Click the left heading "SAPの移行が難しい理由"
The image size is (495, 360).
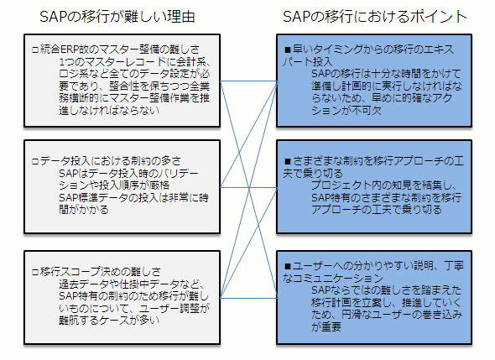click(117, 17)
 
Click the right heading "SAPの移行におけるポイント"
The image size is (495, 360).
click(375, 17)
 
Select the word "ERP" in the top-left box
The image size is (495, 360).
click(69, 50)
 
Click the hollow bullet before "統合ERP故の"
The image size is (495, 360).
click(35, 50)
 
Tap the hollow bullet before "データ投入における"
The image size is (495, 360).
click(35, 162)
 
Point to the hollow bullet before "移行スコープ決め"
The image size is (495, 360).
click(35, 272)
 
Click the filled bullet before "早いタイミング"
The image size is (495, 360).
click(287, 50)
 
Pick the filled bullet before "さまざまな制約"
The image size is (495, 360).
click(287, 162)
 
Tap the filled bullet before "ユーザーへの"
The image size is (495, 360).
click(287, 267)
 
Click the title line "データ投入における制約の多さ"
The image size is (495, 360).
click(111, 161)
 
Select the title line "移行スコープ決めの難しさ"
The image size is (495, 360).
click(101, 272)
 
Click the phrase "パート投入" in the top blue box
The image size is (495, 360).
click(308, 61)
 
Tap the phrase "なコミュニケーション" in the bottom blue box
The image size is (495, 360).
click(333, 279)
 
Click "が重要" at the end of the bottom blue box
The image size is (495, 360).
click(326, 326)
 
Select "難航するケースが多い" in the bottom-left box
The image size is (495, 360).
click(109, 321)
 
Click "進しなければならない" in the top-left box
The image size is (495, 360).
click(109, 111)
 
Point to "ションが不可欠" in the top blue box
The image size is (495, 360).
click(346, 111)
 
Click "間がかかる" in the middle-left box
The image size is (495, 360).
click(84, 210)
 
